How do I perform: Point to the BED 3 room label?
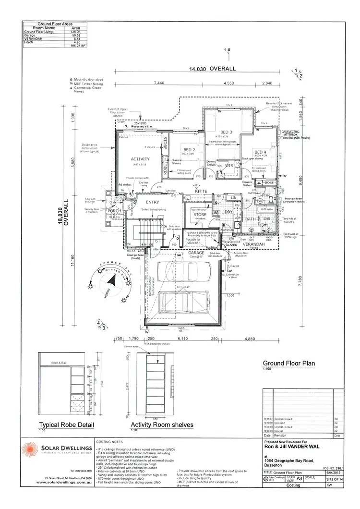tap(226, 132)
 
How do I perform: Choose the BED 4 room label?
tap(260, 152)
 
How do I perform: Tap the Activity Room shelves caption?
tap(162, 425)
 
